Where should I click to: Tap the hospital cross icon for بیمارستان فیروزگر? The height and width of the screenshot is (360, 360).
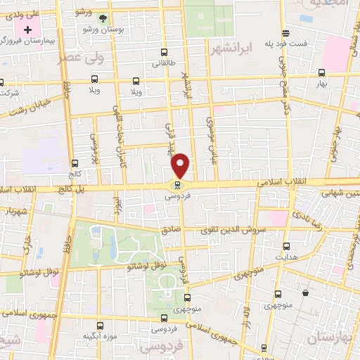tap(27, 30)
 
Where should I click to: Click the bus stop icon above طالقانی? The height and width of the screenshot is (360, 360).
tap(164, 52)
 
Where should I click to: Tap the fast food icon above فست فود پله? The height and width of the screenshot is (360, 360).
tap(285, 32)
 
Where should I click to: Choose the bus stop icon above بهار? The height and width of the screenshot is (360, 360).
tap(321, 72)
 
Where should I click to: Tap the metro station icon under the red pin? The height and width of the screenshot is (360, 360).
tap(176, 186)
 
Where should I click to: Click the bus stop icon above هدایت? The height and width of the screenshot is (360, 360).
tap(286, 246)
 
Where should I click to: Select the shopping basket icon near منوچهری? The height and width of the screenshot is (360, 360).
tap(305, 292)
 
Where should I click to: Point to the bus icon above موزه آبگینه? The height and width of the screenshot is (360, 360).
tap(100, 325)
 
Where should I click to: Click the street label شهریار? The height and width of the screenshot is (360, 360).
tap(16, 210)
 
